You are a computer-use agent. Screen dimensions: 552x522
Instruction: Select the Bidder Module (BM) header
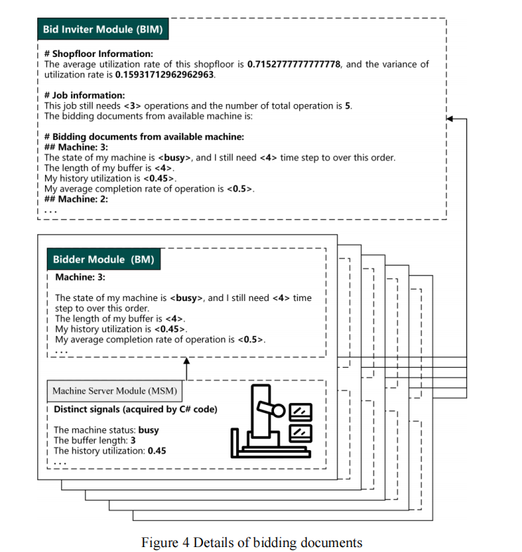point(103,259)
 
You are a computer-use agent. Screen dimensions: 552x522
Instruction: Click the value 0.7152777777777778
point(294,64)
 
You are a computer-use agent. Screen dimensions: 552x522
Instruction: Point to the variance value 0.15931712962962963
point(165,74)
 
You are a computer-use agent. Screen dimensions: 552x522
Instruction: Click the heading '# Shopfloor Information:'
point(98,53)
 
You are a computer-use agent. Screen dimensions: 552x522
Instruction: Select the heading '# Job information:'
point(84,95)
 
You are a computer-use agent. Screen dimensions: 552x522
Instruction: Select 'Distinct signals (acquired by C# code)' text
point(136,409)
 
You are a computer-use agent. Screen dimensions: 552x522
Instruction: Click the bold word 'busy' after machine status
point(148,430)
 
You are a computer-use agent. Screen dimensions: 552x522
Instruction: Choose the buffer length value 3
point(133,441)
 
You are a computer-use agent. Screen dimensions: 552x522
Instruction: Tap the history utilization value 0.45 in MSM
point(157,451)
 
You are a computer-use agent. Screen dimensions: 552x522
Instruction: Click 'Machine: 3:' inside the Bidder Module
point(81,278)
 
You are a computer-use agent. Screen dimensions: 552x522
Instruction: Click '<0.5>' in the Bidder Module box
point(251,340)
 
